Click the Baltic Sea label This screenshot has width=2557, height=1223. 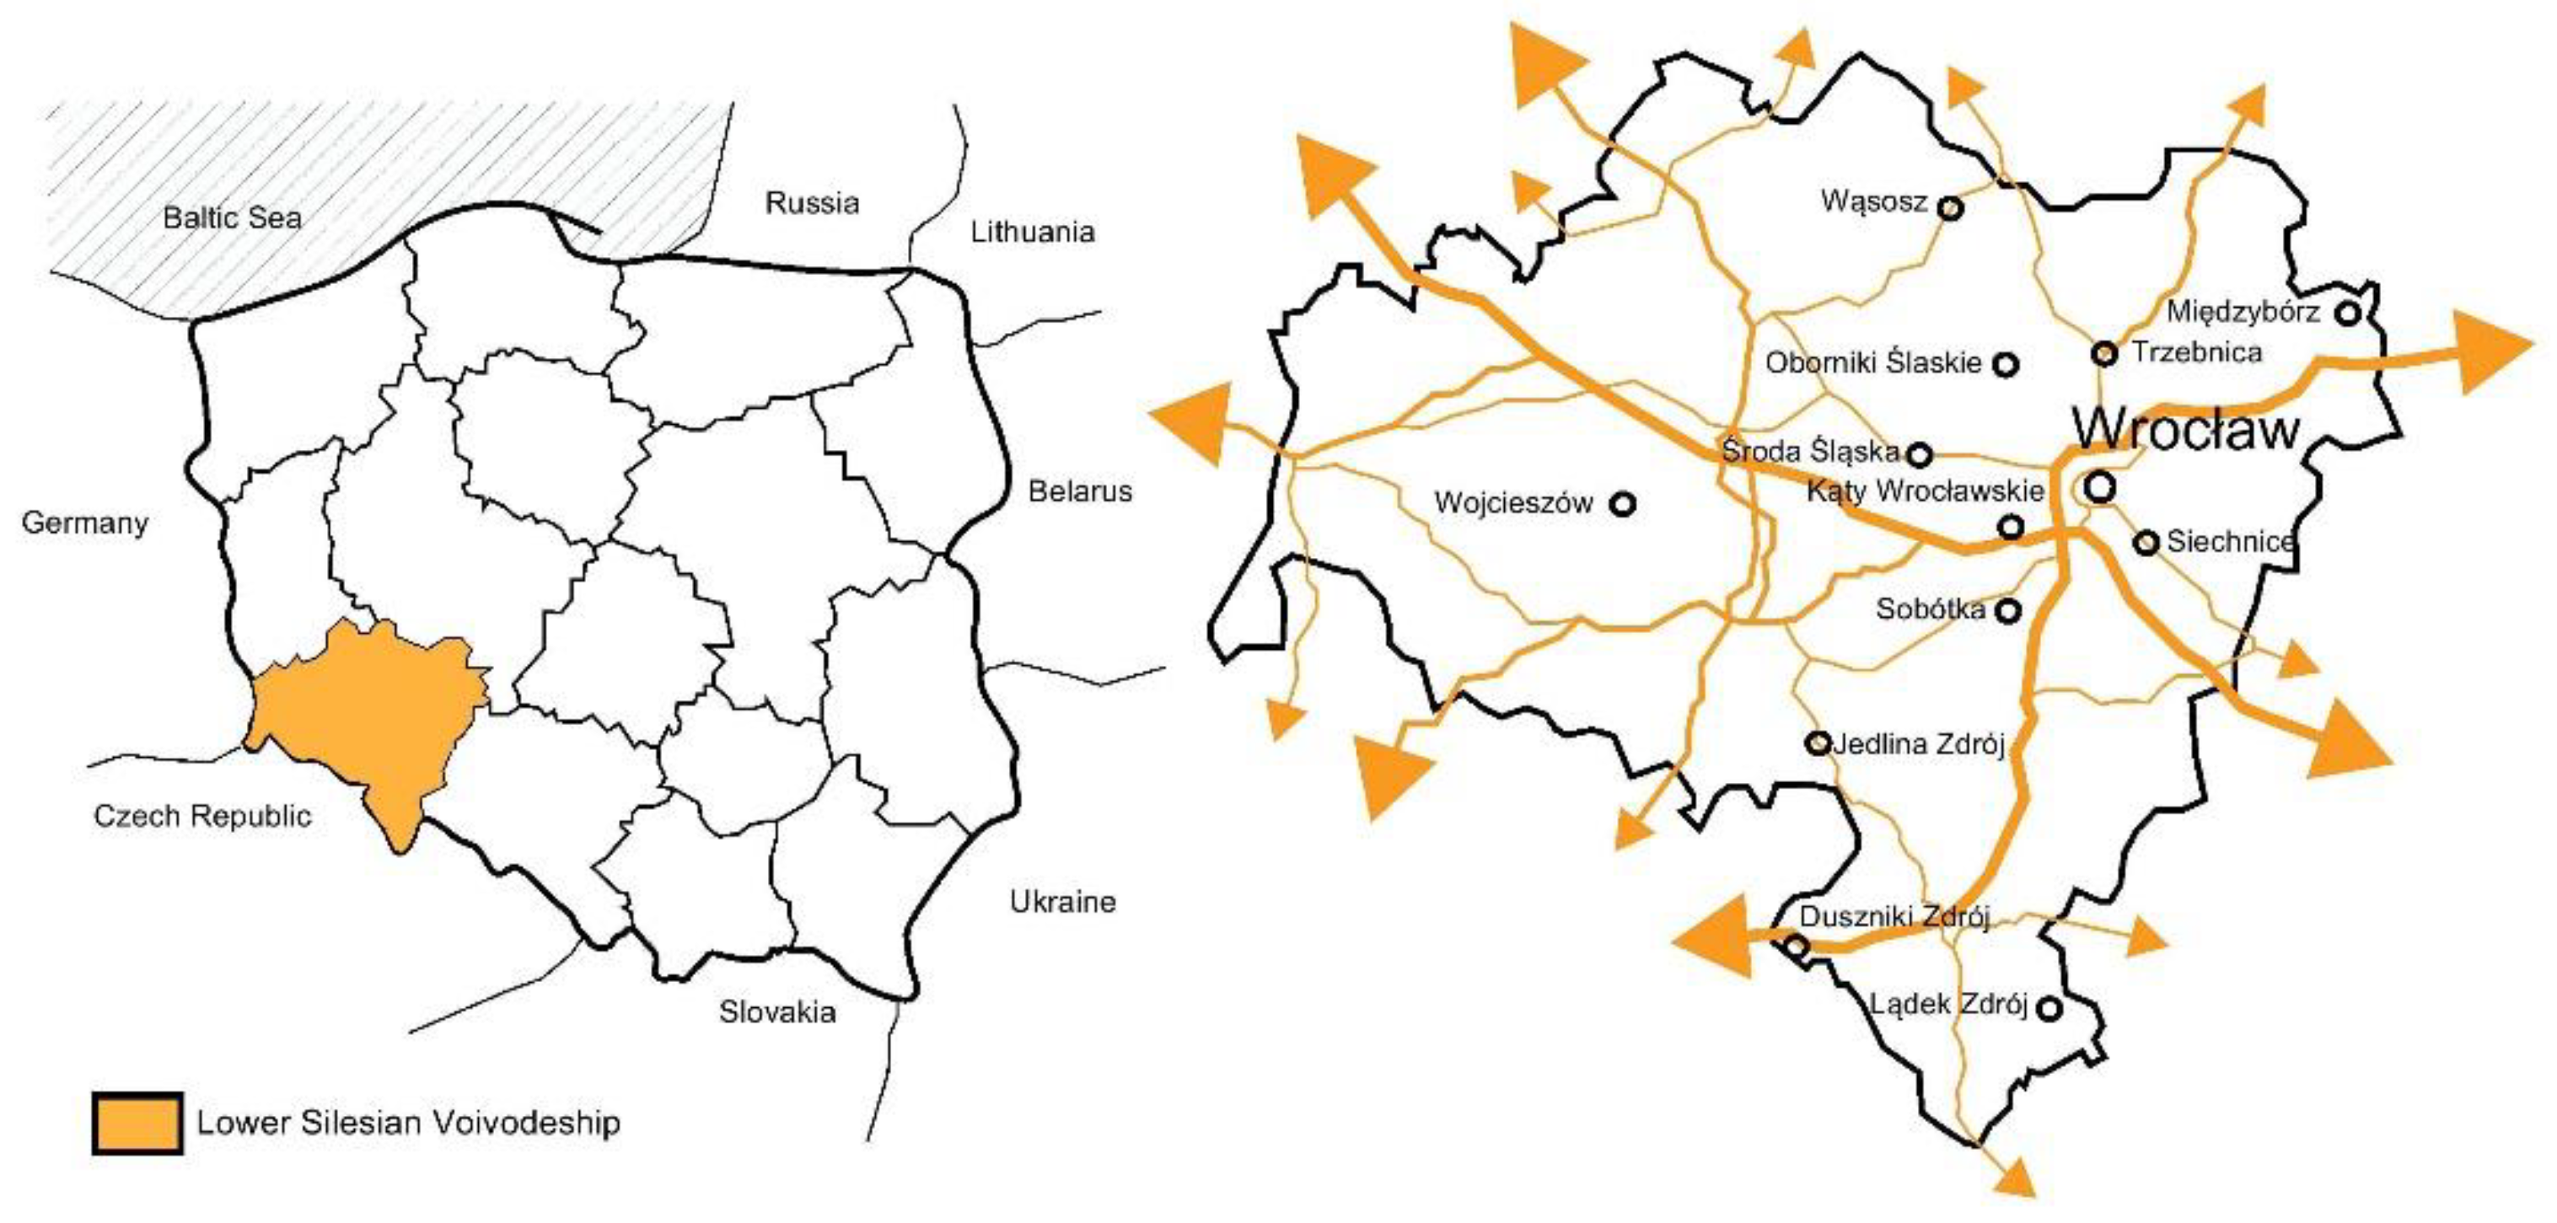[x=233, y=217]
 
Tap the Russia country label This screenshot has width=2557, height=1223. [x=812, y=203]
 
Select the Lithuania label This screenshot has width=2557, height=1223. [x=1033, y=233]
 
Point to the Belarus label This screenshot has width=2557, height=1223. [x=1080, y=491]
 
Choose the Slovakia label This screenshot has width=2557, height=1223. [x=777, y=1012]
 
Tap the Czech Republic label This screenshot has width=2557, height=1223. [x=202, y=816]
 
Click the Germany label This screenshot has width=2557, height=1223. [x=84, y=523]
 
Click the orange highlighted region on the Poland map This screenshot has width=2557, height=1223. [x=368, y=715]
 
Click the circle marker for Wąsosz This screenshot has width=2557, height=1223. [x=1951, y=208]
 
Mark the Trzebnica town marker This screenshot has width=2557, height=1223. [x=2104, y=352]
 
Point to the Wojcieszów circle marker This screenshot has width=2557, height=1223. [x=1623, y=504]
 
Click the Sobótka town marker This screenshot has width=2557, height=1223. [x=2008, y=610]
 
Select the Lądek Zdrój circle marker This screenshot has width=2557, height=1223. [x=2049, y=1010]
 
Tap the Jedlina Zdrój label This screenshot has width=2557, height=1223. [x=1918, y=743]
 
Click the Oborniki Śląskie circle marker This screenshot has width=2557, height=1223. [x=2006, y=364]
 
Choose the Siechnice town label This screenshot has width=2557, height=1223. [x=2229, y=542]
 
